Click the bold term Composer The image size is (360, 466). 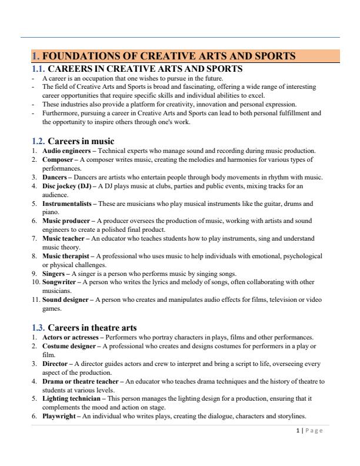point(58,159)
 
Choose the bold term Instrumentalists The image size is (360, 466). point(66,204)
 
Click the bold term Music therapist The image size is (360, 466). point(66,256)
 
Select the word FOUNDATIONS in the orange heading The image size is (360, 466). point(84,56)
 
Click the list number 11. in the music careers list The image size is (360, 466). point(36,299)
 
